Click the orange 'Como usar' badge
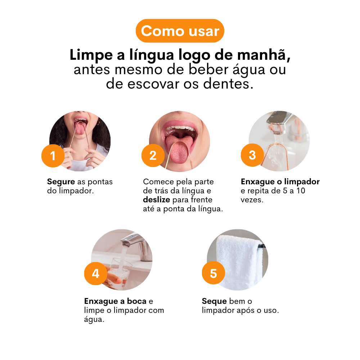(180, 31)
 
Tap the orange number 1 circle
(53, 156)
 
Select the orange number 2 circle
(153, 156)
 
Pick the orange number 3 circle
(252, 155)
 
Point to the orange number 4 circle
(95, 274)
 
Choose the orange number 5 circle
(213, 273)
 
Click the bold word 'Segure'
(61, 182)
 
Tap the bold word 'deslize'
(156, 199)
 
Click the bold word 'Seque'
(214, 301)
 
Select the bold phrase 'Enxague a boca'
(115, 301)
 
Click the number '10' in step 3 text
(301, 190)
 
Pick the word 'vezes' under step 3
(252, 200)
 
